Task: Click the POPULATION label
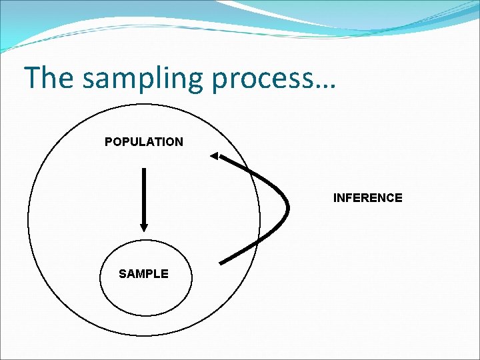(x=144, y=141)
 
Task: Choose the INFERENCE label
(x=367, y=198)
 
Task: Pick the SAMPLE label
(x=143, y=273)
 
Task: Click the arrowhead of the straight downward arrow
(x=144, y=227)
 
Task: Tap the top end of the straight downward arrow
(x=144, y=169)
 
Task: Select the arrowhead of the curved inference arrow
(x=214, y=156)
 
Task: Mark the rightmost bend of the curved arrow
(x=287, y=208)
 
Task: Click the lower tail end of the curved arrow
(x=221, y=263)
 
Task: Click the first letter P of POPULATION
(x=109, y=141)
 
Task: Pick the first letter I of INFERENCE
(x=335, y=198)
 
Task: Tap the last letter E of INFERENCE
(x=399, y=198)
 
